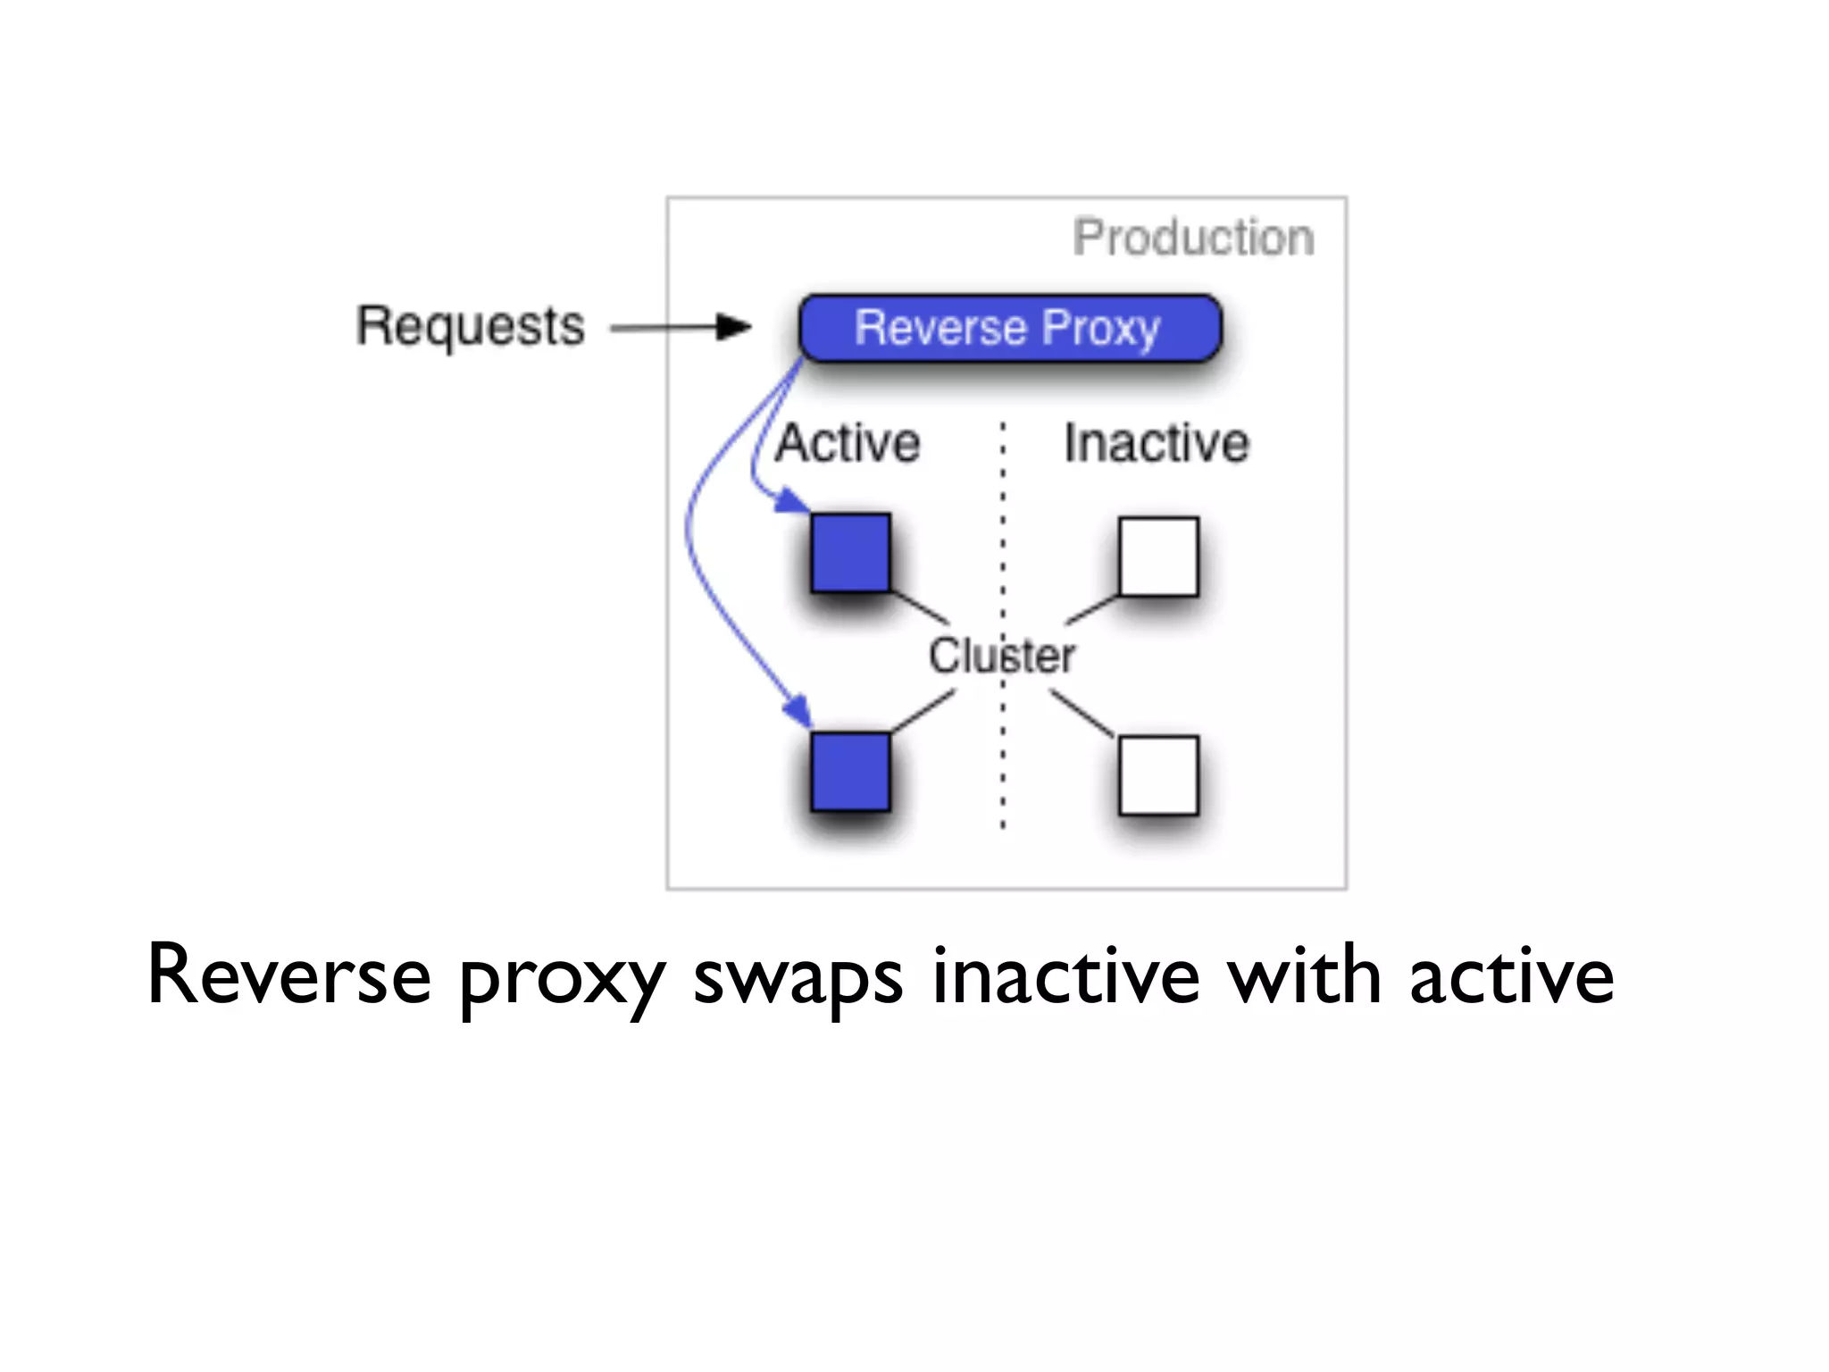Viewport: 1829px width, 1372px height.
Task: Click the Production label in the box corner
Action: [1193, 238]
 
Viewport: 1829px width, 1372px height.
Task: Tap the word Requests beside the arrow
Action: [471, 326]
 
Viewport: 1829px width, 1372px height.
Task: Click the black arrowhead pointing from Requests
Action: [734, 327]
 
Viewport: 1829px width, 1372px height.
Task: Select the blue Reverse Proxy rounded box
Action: [1009, 328]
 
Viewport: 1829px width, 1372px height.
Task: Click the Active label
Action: [848, 443]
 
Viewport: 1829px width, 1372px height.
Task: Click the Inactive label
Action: [1156, 443]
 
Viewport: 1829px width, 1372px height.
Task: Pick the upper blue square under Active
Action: [850, 553]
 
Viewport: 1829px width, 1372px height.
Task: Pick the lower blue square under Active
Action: [850, 772]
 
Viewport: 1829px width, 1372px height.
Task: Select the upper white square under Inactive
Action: [1158, 556]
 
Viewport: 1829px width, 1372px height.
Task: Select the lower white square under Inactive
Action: [1158, 775]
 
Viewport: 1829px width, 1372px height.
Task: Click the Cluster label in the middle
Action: [1001, 656]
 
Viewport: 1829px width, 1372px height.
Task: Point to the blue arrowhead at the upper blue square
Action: [790, 501]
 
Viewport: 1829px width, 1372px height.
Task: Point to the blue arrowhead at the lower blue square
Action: [798, 712]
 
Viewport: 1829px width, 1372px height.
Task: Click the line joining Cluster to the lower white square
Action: [1082, 714]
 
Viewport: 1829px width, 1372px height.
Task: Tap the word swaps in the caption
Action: [798, 977]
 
